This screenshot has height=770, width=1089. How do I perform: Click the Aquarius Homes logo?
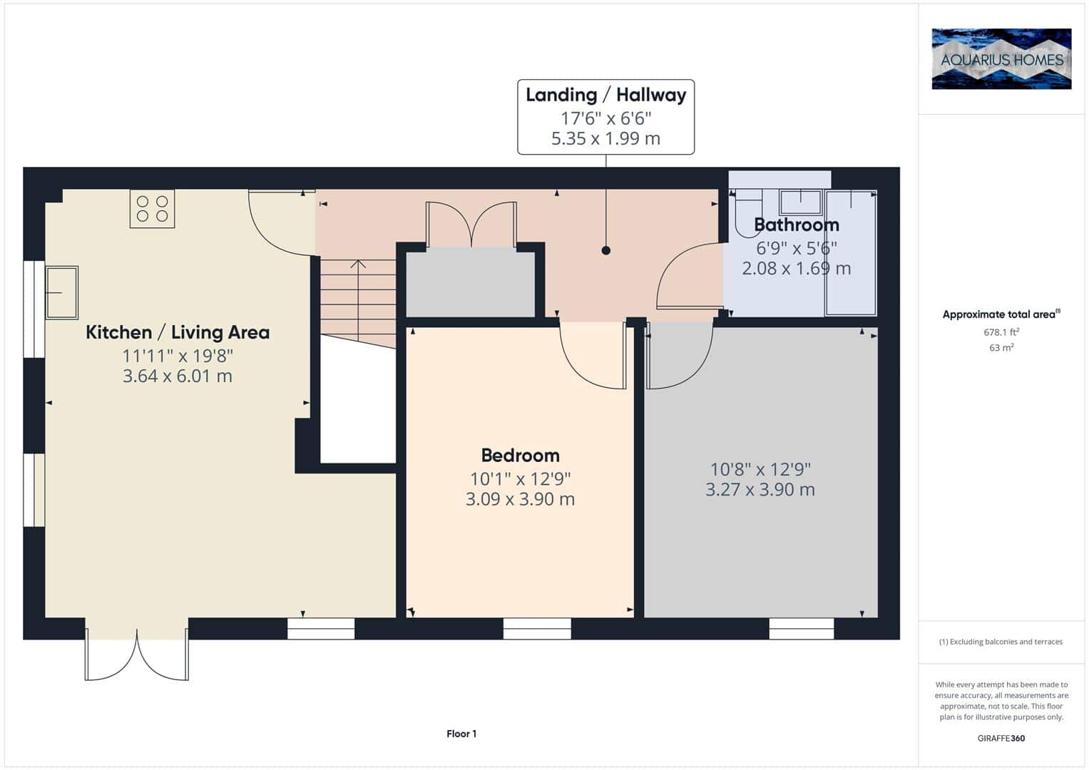coord(1001,58)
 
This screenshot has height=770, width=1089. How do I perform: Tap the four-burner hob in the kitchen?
coord(152,208)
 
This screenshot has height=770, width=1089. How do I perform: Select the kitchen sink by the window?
coord(62,292)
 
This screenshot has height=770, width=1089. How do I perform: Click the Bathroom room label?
coord(797,225)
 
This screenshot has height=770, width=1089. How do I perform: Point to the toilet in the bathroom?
coord(748,213)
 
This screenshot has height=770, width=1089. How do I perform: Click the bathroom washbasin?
coord(800,202)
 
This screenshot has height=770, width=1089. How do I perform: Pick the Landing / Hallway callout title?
coord(605,95)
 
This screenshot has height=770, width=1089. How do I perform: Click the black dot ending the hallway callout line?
coord(605,250)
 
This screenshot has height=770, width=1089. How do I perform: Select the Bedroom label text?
coord(520,456)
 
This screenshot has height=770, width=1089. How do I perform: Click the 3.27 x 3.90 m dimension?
coord(760,489)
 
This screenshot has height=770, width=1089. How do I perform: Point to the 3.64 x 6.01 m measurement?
coord(178,376)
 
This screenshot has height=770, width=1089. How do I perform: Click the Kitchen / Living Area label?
coord(178,332)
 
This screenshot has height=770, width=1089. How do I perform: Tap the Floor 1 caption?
coord(461,734)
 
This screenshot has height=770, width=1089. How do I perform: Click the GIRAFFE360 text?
coord(1001,738)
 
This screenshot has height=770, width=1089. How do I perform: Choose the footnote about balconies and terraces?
coord(1001,642)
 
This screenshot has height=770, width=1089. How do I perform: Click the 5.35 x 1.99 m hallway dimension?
coord(605,138)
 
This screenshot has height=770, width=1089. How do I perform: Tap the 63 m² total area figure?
coord(1001,348)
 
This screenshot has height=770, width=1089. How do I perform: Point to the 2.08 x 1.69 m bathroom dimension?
coord(797,268)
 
